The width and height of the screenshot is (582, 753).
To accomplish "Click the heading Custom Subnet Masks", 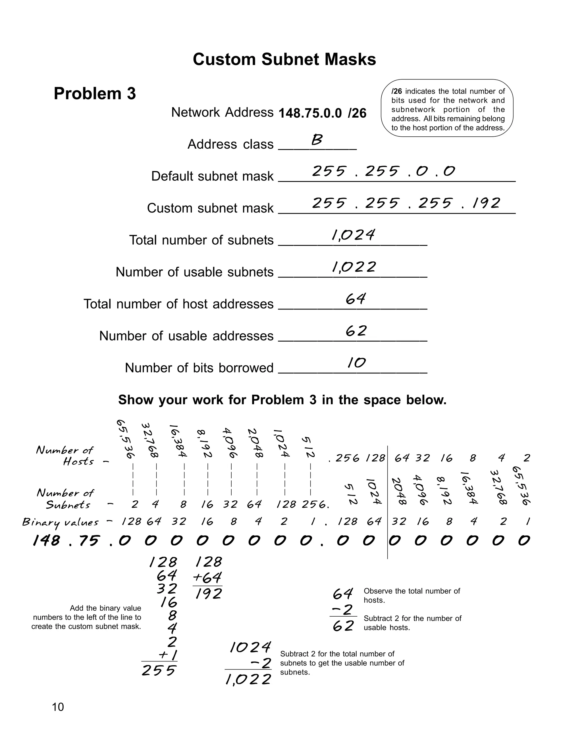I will click(x=284, y=59).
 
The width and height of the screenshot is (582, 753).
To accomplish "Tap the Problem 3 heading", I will click(x=95, y=93).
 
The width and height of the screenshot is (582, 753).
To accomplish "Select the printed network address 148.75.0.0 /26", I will click(x=322, y=113).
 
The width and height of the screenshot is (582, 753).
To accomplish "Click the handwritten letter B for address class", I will click(x=317, y=140).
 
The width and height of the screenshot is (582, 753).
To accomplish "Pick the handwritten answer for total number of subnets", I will click(x=353, y=235).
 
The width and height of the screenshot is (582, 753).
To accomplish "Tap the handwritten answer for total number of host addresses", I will click(x=356, y=299).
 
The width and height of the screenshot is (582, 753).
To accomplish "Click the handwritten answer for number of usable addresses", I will click(x=356, y=331).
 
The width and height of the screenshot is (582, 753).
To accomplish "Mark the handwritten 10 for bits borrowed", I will click(x=356, y=363).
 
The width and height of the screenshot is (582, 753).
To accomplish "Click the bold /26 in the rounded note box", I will click(x=396, y=91).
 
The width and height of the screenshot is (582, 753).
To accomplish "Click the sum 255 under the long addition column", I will click(x=159, y=671).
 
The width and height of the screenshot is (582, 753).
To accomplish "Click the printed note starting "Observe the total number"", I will click(x=412, y=595).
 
